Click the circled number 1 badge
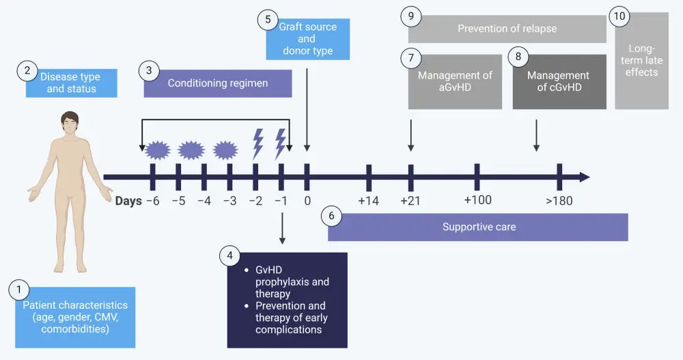pyautogui.click(x=18, y=290)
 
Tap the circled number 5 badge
pyautogui.click(x=268, y=20)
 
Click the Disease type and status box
pyautogui.click(x=72, y=83)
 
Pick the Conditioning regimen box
pyautogui.click(x=218, y=83)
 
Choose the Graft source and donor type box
pyautogui.click(x=308, y=39)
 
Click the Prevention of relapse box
pyautogui.click(x=507, y=29)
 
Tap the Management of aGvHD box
pyautogui.click(x=455, y=81)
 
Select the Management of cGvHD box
pyautogui.click(x=559, y=81)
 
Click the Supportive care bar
pyautogui.click(x=477, y=227)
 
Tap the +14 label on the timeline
pyautogui.click(x=368, y=201)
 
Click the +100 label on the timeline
pyautogui.click(x=477, y=200)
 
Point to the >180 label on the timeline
pyautogui.click(x=559, y=201)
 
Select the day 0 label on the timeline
pyautogui.click(x=307, y=201)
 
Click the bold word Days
pyautogui.click(x=128, y=201)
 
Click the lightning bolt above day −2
pyautogui.click(x=258, y=143)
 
